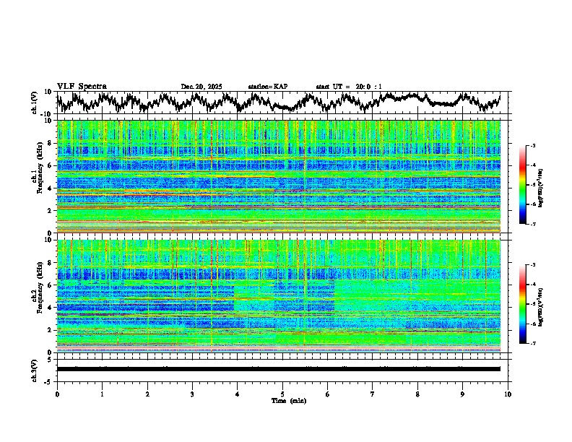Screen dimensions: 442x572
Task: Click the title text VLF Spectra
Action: (82, 86)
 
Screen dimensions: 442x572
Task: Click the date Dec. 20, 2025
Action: (201, 87)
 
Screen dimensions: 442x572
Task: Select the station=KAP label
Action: (267, 87)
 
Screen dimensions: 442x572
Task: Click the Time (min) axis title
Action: (288, 400)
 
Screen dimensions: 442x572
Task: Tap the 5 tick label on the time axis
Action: (282, 394)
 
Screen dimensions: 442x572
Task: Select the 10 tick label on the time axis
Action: (508, 394)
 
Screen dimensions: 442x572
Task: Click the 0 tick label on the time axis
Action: (57, 394)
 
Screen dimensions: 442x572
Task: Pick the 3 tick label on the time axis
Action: (192, 394)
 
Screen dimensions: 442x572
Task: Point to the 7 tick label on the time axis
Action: (373, 394)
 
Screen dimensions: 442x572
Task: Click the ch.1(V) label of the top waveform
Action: (35, 103)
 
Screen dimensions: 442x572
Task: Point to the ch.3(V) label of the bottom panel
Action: (35, 368)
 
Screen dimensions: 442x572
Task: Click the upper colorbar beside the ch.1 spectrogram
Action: (530, 186)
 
